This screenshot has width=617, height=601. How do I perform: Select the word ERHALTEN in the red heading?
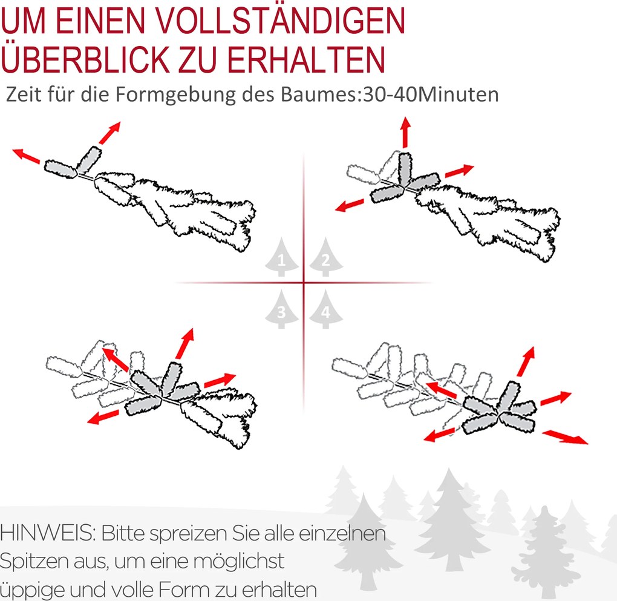(x=306, y=59)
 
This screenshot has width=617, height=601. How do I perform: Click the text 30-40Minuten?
(x=431, y=94)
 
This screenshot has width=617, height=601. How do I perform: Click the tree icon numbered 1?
(x=281, y=257)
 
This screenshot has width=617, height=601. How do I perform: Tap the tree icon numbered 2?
(x=326, y=257)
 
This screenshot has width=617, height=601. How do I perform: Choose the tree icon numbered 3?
(x=281, y=309)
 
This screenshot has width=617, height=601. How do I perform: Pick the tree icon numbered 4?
(x=326, y=309)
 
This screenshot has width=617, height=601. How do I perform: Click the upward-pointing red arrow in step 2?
(x=406, y=133)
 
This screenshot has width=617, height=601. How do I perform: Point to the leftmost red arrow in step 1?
(x=27, y=156)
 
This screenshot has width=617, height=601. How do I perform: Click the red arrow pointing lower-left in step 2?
(x=349, y=205)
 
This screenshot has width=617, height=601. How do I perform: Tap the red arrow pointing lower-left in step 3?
(x=103, y=417)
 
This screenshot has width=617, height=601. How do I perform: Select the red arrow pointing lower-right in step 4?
(x=566, y=438)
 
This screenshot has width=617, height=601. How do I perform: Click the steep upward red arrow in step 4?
(x=526, y=361)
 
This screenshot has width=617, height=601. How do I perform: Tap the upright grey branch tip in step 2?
(x=405, y=169)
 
